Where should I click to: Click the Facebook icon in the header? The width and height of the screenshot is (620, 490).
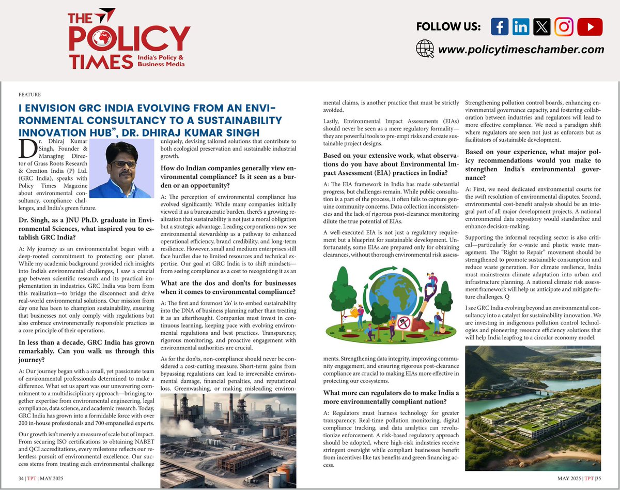(x=500, y=27)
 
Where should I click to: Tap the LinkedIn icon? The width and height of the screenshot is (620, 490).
(x=521, y=27)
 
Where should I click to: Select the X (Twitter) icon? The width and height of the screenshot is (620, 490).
(x=541, y=27)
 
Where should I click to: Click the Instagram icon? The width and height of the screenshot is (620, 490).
(x=564, y=27)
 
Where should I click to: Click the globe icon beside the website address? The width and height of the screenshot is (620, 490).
(x=424, y=49)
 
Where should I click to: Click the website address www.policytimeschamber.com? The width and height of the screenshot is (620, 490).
(x=521, y=50)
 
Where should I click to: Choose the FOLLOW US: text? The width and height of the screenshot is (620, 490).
(x=448, y=27)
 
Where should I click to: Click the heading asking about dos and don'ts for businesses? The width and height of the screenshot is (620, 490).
(x=228, y=287)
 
